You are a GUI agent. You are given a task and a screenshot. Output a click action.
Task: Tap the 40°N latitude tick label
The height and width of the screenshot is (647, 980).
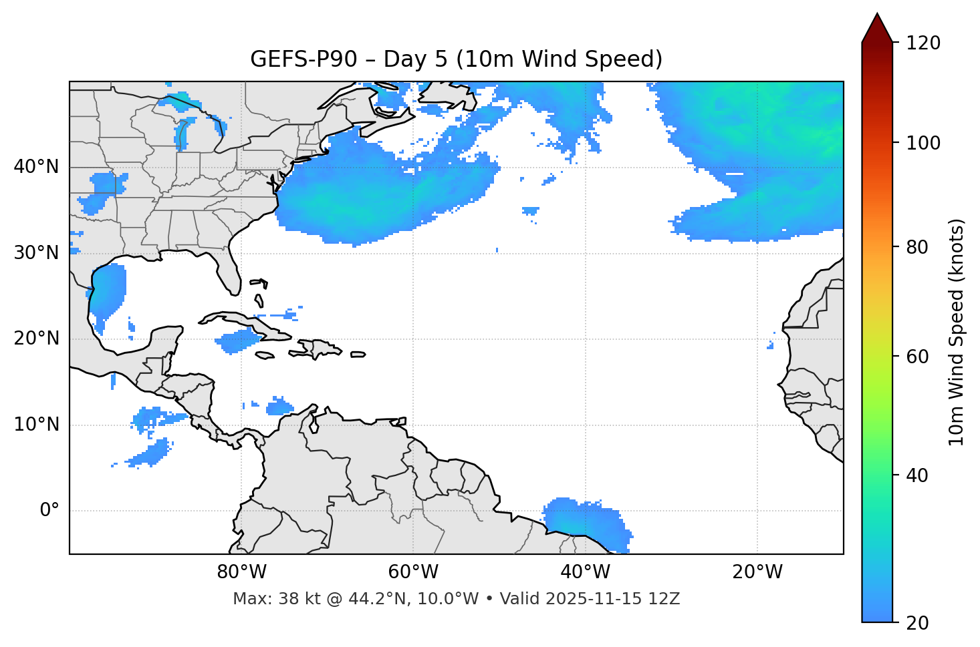[36, 167]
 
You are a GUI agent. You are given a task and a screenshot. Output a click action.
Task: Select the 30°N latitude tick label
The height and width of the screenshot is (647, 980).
[36, 253]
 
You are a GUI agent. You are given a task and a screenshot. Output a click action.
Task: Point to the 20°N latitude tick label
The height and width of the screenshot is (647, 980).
[36, 339]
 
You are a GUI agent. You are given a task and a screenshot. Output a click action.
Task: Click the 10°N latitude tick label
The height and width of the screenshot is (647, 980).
[36, 425]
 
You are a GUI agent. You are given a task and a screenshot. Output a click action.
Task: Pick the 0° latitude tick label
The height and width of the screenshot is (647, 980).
[49, 511]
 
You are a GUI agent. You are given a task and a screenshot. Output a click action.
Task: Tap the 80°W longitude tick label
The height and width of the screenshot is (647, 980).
[241, 572]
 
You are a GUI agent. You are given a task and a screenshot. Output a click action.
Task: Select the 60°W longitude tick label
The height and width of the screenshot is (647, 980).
[413, 572]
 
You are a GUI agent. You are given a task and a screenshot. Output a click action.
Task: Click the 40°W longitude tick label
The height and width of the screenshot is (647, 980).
[585, 572]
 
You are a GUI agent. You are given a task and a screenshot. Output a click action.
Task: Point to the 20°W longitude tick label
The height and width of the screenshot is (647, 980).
[757, 572]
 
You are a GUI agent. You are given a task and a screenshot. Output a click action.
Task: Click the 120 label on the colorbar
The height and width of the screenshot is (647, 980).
[923, 43]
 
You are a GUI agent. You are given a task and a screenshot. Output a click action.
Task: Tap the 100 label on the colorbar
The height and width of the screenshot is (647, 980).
[923, 143]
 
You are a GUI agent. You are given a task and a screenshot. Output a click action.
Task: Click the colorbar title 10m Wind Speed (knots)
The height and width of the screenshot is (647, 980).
[956, 332]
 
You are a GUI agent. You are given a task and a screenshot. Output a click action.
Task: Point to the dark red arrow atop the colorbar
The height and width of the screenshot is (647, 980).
[876, 29]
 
